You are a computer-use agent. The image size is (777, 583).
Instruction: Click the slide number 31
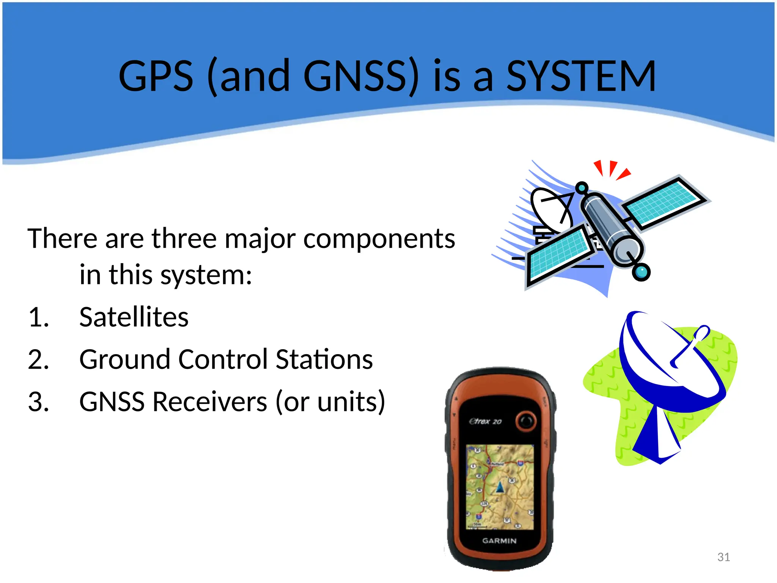pyautogui.click(x=724, y=557)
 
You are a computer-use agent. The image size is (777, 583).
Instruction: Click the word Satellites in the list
pyautogui.click(x=134, y=317)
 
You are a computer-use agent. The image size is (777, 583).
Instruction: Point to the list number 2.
pyautogui.click(x=38, y=359)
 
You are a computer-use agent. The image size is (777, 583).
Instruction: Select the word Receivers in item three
pyautogui.click(x=211, y=402)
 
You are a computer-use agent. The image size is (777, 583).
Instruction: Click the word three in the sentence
pyautogui.click(x=184, y=239)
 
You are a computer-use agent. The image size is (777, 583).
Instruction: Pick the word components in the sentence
pyautogui.click(x=379, y=239)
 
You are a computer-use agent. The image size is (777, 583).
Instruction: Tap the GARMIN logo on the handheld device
pyautogui.click(x=499, y=541)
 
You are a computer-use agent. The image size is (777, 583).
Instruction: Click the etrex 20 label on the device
pyautogui.click(x=485, y=421)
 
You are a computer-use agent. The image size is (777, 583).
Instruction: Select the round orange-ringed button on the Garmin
pyautogui.click(x=526, y=421)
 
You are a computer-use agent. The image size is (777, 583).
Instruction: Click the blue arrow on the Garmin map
pyautogui.click(x=500, y=487)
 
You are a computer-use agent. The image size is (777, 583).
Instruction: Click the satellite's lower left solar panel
pyautogui.click(x=559, y=254)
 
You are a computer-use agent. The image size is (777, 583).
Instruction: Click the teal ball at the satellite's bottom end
pyautogui.click(x=641, y=272)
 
